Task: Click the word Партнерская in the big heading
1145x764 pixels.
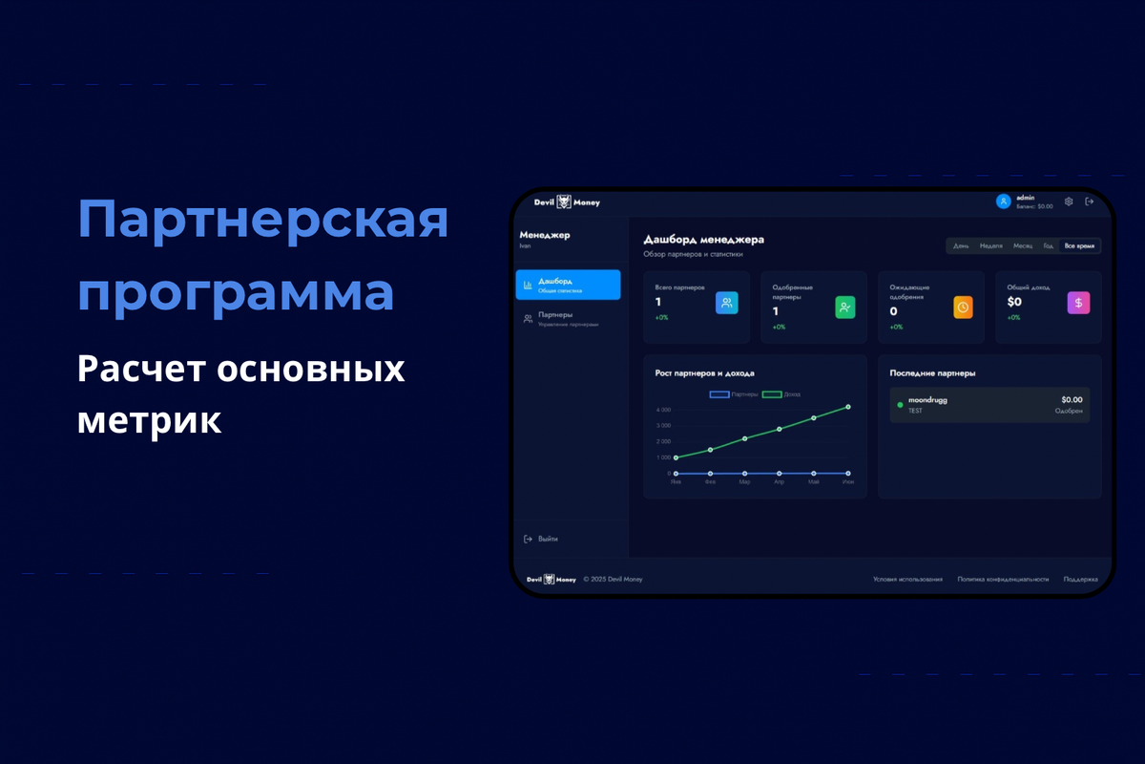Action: click(x=262, y=221)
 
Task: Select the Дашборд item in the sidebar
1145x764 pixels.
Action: click(x=568, y=285)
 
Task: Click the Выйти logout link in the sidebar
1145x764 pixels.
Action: click(x=548, y=539)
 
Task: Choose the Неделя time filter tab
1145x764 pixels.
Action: click(x=991, y=246)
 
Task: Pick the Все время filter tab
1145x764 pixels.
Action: click(x=1079, y=246)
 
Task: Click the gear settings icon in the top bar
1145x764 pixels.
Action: click(x=1069, y=202)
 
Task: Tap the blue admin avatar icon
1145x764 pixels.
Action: click(x=1003, y=202)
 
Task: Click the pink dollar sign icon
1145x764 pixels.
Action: click(x=1078, y=303)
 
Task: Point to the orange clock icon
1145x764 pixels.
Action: click(x=963, y=307)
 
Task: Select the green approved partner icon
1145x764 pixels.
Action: click(x=845, y=307)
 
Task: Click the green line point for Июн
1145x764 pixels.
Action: click(x=848, y=407)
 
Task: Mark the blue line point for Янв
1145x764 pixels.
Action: click(x=676, y=473)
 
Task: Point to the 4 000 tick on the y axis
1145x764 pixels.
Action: click(x=663, y=410)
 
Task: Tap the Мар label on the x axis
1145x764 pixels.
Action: click(x=744, y=482)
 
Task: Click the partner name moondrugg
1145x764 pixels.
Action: click(x=927, y=400)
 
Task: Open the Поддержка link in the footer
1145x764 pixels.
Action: click(x=1080, y=579)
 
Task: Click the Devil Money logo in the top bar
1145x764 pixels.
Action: click(x=568, y=202)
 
